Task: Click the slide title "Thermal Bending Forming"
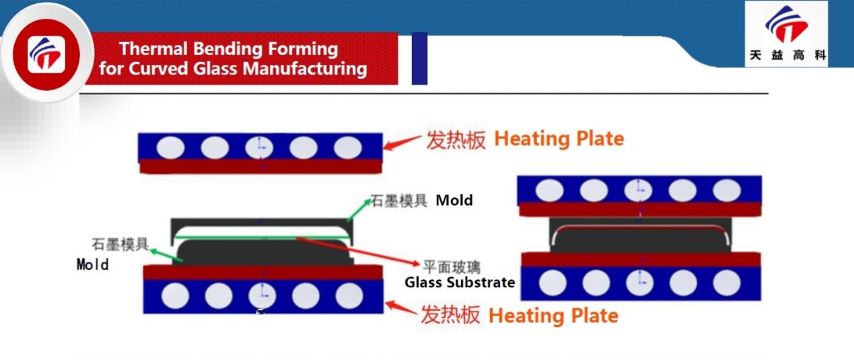click(x=228, y=49)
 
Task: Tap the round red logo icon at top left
click(x=46, y=54)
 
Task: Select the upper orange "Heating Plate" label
click(x=559, y=139)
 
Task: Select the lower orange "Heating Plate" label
click(x=553, y=315)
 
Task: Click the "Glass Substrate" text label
click(x=460, y=283)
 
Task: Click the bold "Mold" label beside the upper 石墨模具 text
click(x=454, y=200)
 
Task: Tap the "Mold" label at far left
click(x=92, y=264)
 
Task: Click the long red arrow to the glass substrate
click(x=357, y=250)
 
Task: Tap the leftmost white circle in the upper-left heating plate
click(x=171, y=147)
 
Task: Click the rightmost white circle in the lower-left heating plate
click(x=349, y=295)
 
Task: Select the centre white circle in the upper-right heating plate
click(x=638, y=190)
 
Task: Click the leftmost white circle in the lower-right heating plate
click(x=552, y=283)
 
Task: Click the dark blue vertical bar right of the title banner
click(x=419, y=59)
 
